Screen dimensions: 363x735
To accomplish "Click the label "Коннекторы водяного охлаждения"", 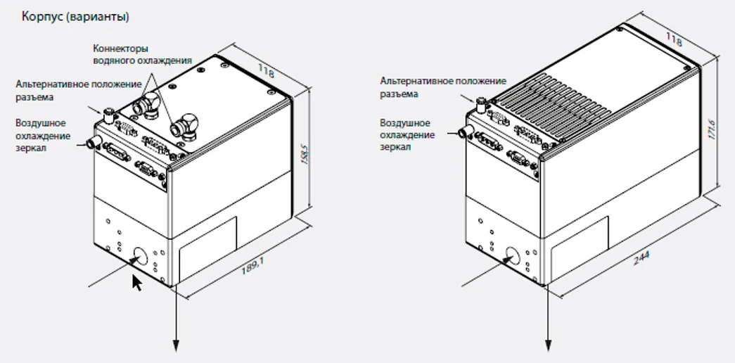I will coord(142,55).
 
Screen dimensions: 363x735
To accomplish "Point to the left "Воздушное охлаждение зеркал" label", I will coord(43,135).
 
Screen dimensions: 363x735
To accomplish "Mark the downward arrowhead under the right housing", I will coord(548,344).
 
